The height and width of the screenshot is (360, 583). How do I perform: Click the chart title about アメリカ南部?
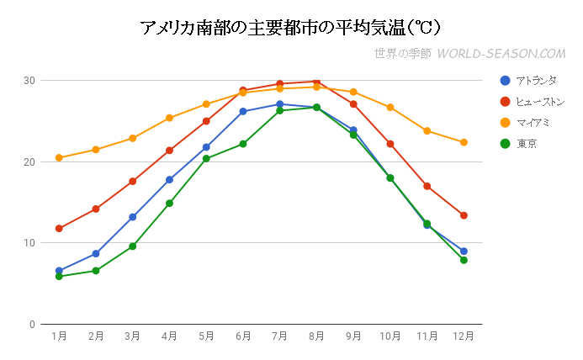coord(291,27)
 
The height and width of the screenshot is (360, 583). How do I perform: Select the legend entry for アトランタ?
coord(536,80)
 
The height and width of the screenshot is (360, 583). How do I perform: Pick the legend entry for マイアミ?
coord(533,123)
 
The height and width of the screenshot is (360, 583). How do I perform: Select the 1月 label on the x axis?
coord(59,336)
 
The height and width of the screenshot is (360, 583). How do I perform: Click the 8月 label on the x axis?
coord(316,336)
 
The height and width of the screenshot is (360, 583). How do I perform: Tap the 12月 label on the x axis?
coord(464,336)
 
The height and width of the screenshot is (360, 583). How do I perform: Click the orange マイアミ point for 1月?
coord(59,158)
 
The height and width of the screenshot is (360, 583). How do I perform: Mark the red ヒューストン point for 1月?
coord(59,229)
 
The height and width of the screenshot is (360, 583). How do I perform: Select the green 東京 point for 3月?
coord(132,246)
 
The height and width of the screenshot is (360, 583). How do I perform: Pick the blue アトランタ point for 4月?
coord(169,180)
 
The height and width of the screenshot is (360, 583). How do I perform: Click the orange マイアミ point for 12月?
coord(464,142)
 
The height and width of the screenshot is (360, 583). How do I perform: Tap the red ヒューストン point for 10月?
coord(390,144)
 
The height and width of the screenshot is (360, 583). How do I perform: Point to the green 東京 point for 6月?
coord(243,144)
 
